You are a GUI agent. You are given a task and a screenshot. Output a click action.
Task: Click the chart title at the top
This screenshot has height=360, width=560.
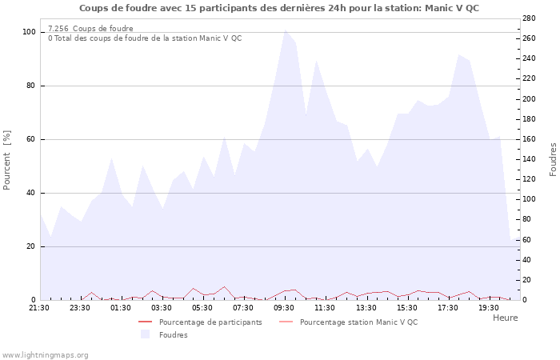click(279, 8)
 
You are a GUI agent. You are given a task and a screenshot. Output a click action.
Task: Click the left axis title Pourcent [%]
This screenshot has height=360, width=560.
click(7, 160)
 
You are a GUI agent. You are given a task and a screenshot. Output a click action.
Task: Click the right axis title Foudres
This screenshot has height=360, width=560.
click(553, 159)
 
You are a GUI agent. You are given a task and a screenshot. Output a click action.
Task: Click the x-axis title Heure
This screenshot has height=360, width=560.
click(505, 318)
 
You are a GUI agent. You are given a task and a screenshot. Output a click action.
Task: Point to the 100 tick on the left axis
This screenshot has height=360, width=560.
click(29, 32)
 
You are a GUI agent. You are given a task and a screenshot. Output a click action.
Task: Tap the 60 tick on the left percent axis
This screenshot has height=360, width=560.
click(31, 139)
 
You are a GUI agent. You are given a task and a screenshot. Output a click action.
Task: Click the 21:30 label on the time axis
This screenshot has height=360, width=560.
click(39, 307)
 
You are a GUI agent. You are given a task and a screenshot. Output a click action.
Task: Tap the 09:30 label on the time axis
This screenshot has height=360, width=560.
click(285, 307)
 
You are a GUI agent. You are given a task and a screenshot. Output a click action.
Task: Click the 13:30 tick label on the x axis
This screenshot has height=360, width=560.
click(366, 307)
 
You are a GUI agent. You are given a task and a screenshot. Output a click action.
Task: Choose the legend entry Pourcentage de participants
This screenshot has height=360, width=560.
click(210, 322)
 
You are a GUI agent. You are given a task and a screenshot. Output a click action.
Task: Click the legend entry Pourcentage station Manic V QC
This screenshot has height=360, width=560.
click(358, 322)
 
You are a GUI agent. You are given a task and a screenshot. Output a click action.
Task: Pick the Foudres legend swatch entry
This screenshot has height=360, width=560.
click(173, 335)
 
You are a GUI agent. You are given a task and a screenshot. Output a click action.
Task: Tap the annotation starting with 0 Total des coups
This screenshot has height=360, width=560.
click(144, 38)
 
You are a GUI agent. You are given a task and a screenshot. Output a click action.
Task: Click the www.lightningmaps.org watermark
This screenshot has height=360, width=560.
click(45, 354)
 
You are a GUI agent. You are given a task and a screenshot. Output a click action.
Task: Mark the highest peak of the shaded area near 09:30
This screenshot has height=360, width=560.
click(285, 30)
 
